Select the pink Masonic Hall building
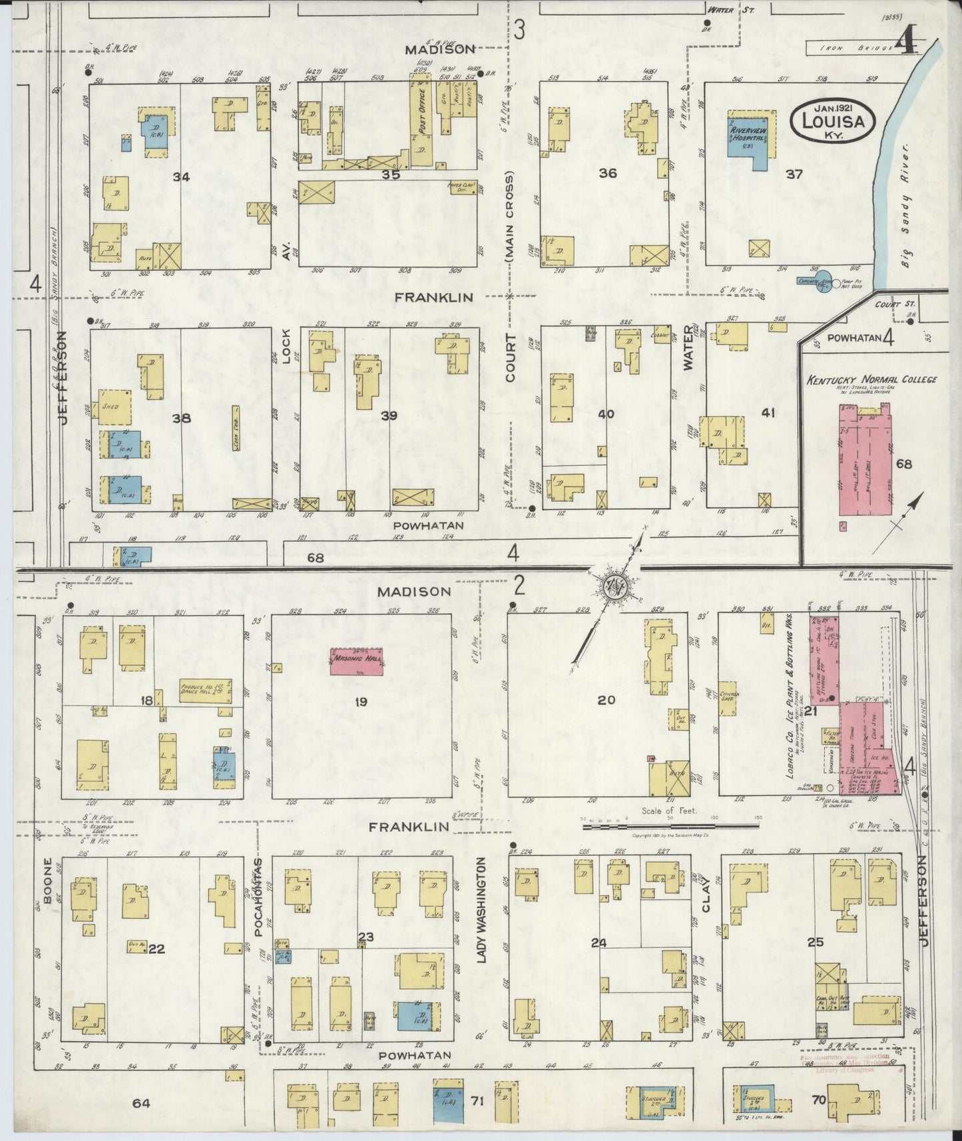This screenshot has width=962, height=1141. [357, 662]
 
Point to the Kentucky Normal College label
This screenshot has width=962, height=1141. [871, 380]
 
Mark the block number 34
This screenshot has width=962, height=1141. [180, 176]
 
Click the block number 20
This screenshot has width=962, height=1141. [606, 700]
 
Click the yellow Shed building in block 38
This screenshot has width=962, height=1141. [113, 407]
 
